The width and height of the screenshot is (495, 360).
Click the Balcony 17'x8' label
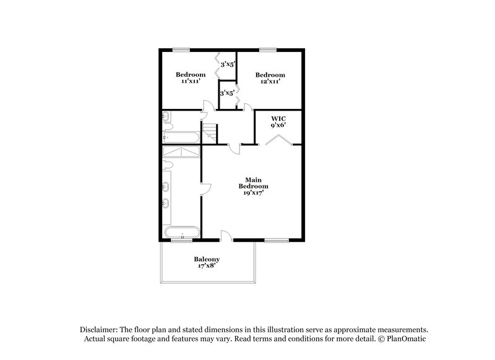click(x=207, y=262)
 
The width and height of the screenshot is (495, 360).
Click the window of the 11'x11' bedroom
click(x=181, y=49)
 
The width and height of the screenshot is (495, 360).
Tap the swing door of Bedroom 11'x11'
click(x=208, y=106)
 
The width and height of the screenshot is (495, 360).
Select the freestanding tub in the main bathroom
click(x=181, y=233)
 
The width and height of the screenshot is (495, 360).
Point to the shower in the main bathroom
click(x=181, y=152)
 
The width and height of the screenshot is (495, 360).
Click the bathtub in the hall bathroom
click(x=181, y=137)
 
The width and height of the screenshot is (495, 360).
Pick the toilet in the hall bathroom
click(x=166, y=117)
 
